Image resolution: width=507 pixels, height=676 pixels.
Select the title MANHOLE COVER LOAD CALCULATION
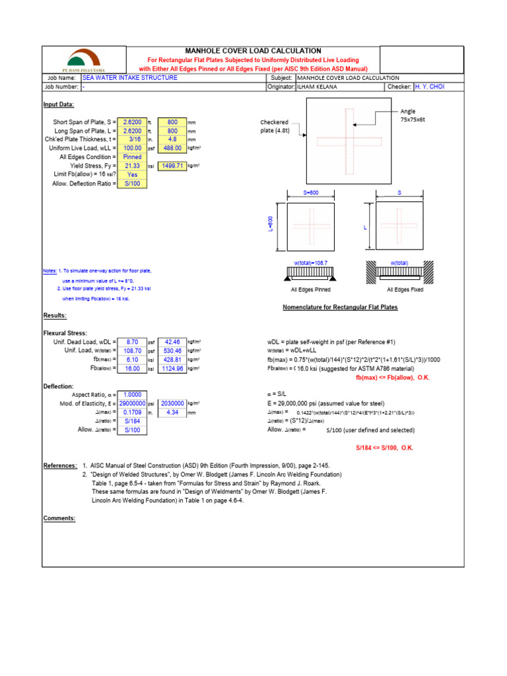point(253,51)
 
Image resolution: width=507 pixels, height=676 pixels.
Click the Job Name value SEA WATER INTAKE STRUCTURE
point(129,78)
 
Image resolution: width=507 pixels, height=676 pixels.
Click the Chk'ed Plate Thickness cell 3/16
point(135,139)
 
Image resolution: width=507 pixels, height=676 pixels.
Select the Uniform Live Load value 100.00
point(135,149)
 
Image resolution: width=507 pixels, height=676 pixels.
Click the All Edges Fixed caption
point(405,289)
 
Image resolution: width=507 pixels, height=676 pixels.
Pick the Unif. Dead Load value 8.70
point(135,342)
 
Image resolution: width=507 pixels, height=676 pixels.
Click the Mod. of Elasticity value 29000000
point(132,403)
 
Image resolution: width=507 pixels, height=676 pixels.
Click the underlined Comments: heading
point(59,518)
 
